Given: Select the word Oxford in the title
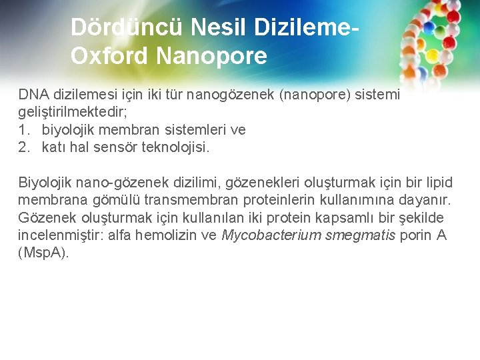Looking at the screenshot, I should (109, 55).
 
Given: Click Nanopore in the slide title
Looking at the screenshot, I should (211, 55).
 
